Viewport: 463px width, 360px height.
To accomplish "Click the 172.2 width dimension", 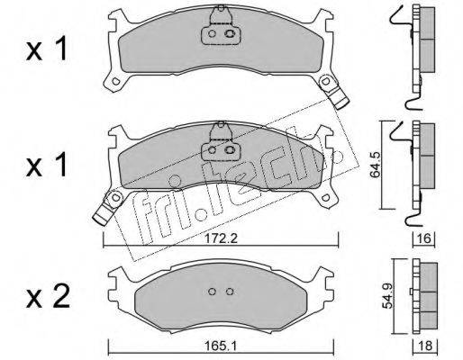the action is pyautogui.click(x=221, y=239).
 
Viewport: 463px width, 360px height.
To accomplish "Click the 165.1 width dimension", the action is pyautogui.click(x=221, y=346).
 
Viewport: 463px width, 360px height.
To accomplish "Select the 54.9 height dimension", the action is pyautogui.click(x=388, y=297).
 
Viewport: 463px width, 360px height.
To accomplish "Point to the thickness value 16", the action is pyautogui.click(x=424, y=239).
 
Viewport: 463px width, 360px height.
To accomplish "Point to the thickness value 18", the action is pyautogui.click(x=425, y=346).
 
